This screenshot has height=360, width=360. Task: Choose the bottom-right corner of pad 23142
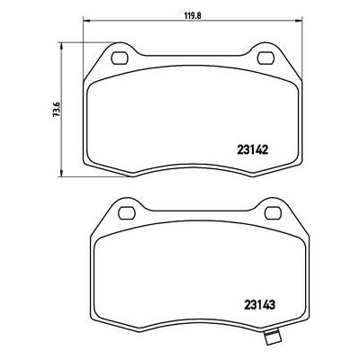(x=296, y=167)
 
